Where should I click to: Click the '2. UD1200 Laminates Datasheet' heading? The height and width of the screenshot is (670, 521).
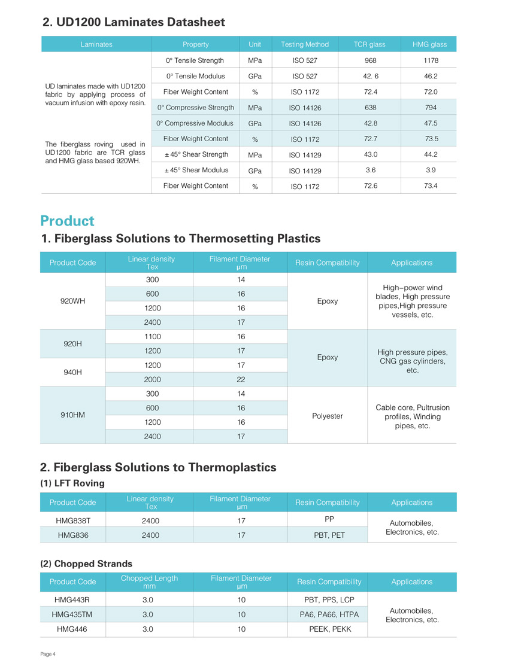point(134,22)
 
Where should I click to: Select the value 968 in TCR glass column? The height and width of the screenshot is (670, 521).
point(369,60)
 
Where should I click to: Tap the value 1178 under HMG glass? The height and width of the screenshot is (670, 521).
point(430,60)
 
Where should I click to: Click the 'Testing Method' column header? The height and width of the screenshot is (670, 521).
point(305,44)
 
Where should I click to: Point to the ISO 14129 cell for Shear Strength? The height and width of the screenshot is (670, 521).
point(305,156)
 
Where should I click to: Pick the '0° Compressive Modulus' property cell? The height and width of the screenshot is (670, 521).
point(195,123)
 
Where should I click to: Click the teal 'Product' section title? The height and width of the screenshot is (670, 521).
point(67,221)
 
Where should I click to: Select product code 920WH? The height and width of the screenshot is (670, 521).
point(72,301)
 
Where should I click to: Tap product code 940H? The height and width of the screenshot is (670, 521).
point(72,372)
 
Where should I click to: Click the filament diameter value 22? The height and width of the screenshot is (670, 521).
point(241,379)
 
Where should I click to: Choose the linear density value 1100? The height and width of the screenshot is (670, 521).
point(153,337)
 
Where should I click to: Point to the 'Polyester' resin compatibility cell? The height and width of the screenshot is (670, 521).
point(328,415)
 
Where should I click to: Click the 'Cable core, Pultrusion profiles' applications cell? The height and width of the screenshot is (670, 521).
point(412,416)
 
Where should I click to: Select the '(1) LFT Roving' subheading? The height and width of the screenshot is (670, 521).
point(72,483)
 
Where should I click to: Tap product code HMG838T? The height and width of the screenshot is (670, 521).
point(73,520)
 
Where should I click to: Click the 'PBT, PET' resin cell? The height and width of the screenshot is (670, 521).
point(329,535)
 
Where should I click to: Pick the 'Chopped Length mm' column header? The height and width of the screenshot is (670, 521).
point(149,582)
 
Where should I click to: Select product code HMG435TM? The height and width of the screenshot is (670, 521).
point(72,614)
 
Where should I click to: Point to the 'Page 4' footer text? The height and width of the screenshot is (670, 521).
point(48,654)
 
